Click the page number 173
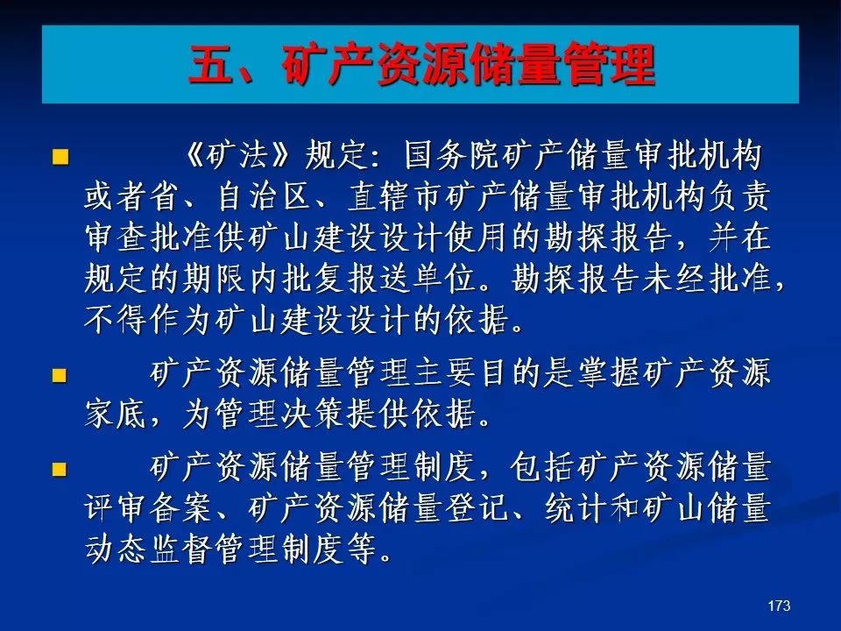pos(779,606)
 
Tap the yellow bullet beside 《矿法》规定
pos(60,157)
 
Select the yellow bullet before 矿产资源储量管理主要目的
pos(60,375)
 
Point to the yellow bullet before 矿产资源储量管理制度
pos(60,470)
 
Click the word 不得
pos(116,320)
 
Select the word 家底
pos(116,415)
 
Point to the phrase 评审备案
pos(147,508)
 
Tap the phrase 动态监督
pos(147,549)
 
